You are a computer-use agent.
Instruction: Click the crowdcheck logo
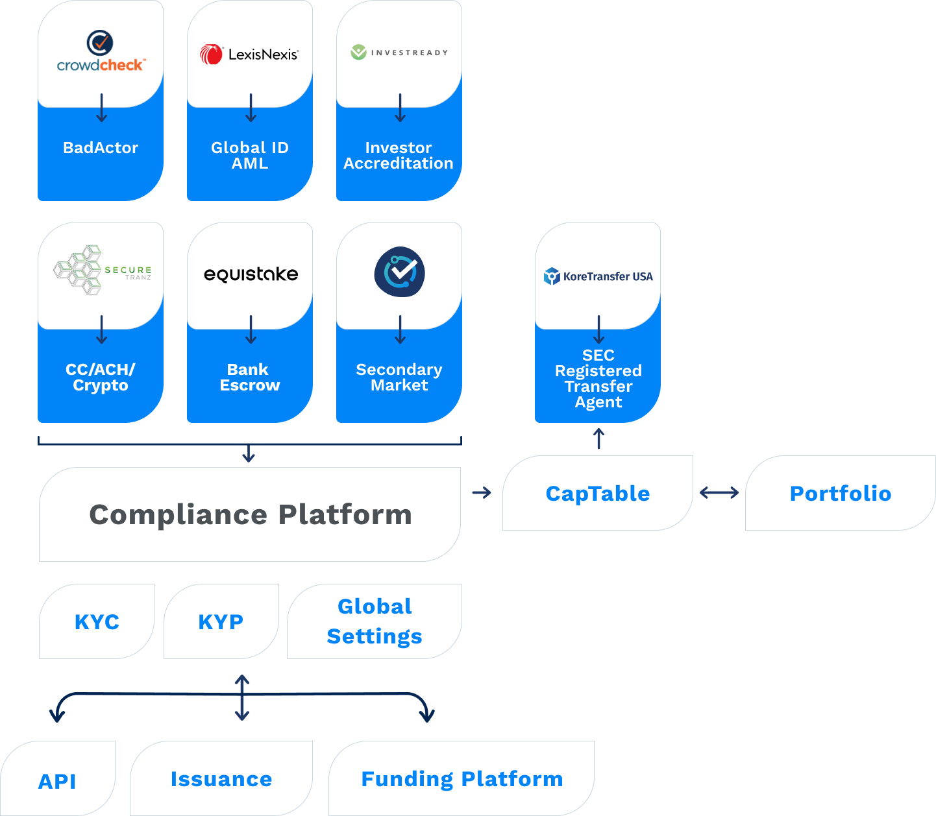pyautogui.click(x=101, y=52)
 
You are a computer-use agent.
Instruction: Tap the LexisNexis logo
pyautogui.click(x=250, y=54)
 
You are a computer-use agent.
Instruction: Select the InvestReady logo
pyautogui.click(x=399, y=53)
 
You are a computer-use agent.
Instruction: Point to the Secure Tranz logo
pyautogui.click(x=102, y=270)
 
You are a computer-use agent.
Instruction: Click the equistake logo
pyautogui.click(x=251, y=274)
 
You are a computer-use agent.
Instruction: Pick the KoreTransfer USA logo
pyautogui.click(x=598, y=276)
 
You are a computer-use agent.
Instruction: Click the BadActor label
pyautogui.click(x=101, y=148)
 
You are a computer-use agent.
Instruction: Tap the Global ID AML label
pyautogui.click(x=250, y=156)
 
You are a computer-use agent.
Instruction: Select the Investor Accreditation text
pyautogui.click(x=399, y=156)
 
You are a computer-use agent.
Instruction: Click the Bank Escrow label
pyautogui.click(x=250, y=378)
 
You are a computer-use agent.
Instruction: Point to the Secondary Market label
pyautogui.click(x=399, y=378)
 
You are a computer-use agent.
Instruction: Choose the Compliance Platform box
pyautogui.click(x=250, y=514)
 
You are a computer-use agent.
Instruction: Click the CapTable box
pyautogui.click(x=598, y=494)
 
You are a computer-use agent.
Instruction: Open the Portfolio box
pyautogui.click(x=840, y=494)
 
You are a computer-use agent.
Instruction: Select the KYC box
pyautogui.click(x=97, y=621)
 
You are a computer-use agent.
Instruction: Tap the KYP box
pyautogui.click(x=221, y=621)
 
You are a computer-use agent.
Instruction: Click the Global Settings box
pyautogui.click(x=375, y=621)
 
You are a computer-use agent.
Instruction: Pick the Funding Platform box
pyautogui.click(x=462, y=778)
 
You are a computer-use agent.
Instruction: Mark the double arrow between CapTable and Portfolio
pyautogui.click(x=719, y=493)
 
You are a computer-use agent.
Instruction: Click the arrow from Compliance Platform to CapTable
pyautogui.click(x=482, y=493)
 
